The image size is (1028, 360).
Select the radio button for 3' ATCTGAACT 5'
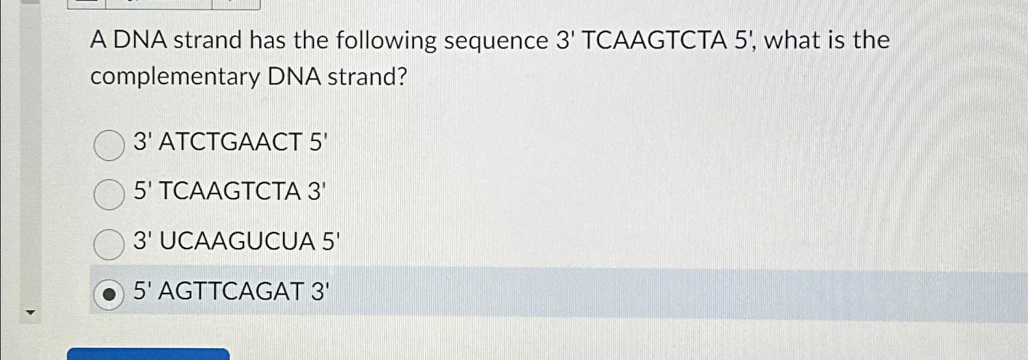point(109,145)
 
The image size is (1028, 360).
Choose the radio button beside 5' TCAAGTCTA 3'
point(109,194)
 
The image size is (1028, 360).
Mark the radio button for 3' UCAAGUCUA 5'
point(109,244)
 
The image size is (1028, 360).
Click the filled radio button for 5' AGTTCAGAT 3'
point(109,294)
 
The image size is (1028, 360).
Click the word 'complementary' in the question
point(175,78)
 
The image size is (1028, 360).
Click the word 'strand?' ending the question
point(367,78)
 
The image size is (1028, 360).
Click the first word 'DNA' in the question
point(140,41)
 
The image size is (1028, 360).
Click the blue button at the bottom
point(148,354)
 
